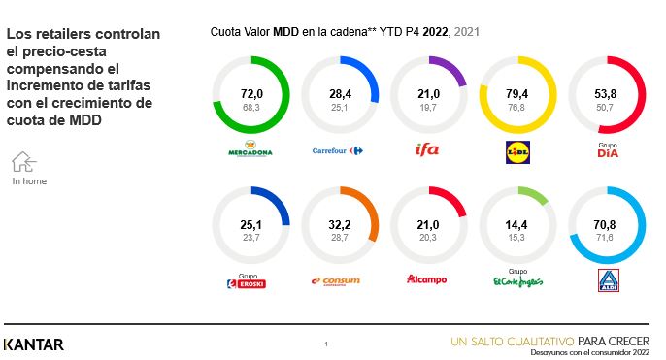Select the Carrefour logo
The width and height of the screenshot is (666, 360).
coord(336,150)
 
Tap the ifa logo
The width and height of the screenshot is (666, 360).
coord(427,149)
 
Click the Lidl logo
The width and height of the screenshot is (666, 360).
coord(518,150)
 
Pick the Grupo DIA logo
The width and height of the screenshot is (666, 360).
coord(608,151)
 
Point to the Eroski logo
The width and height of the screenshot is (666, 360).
coord(246,283)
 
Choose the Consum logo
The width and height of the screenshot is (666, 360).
coord(336,281)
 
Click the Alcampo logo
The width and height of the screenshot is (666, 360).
coord(427,280)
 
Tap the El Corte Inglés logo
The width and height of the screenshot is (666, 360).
coord(517,280)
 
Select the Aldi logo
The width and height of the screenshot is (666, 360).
coord(608,282)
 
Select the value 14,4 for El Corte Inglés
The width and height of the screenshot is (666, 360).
coord(518,224)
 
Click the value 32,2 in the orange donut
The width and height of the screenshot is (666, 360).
coord(336,224)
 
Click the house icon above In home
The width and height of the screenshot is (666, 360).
coord(24,161)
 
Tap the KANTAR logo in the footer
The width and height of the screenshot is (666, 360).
coord(34,344)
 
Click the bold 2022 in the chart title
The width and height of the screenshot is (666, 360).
coord(435,32)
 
